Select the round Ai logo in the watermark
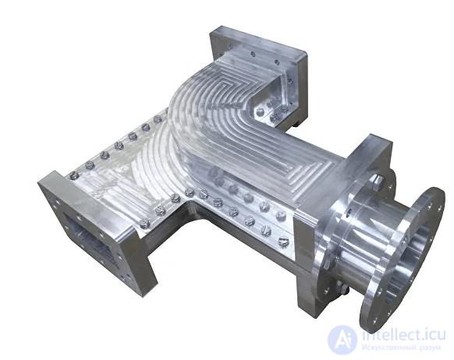[342, 340]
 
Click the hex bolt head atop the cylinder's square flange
[377, 181]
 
